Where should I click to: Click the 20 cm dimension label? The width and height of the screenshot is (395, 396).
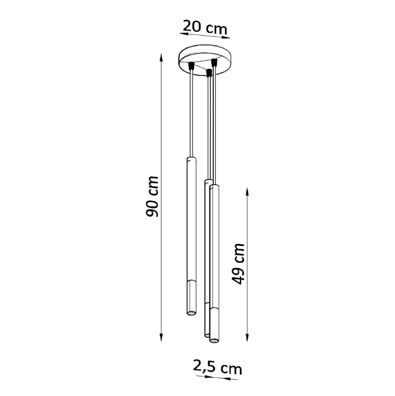pyautogui.click(x=205, y=27)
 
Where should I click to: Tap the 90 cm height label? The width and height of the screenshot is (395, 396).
pyautogui.click(x=152, y=197)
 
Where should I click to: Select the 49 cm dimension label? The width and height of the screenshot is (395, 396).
pyautogui.click(x=238, y=264)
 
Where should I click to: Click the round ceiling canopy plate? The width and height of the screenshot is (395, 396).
pyautogui.click(x=204, y=60)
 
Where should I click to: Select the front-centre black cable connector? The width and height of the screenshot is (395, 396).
pyautogui.click(x=208, y=73)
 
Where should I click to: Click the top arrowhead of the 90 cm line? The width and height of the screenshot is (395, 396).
pyautogui.click(x=161, y=57)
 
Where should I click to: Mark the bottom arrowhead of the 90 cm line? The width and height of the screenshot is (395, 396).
pyautogui.click(x=161, y=337)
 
